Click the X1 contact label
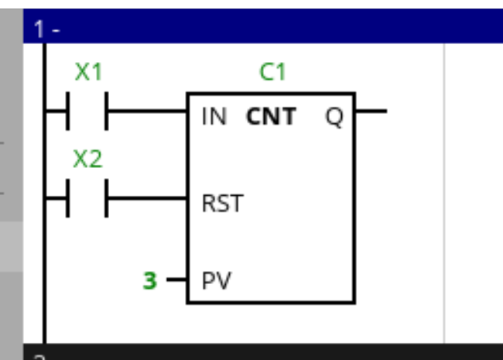click(x=88, y=73)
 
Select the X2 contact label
click(x=87, y=159)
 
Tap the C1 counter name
click(x=272, y=73)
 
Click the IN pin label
click(x=214, y=117)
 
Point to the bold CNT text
click(x=271, y=117)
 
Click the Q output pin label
click(x=334, y=117)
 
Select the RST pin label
click(x=222, y=204)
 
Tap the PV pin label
click(x=217, y=279)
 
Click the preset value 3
click(x=150, y=280)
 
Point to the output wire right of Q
click(x=371, y=111)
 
